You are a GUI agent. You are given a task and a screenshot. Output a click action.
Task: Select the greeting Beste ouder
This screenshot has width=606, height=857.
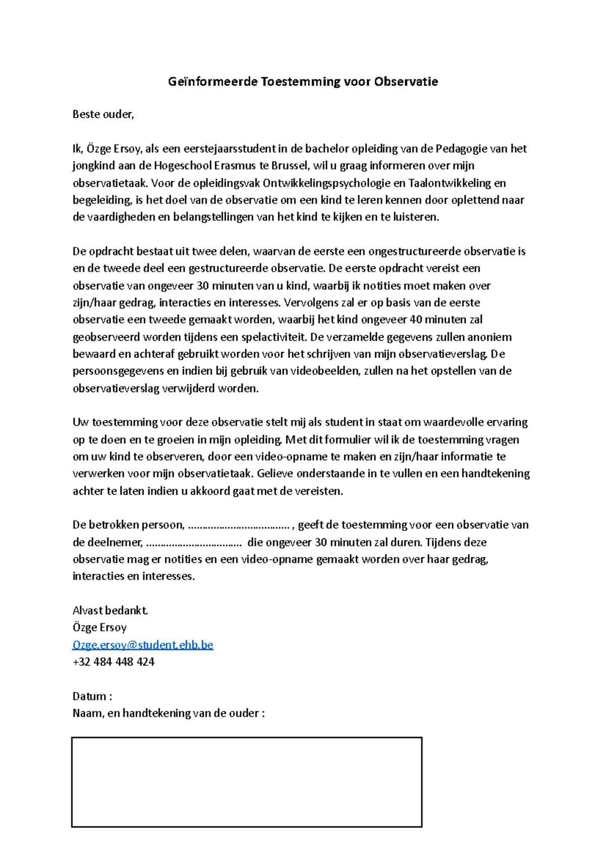103,115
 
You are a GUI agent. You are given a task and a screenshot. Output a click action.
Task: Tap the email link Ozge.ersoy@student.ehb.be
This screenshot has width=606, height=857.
143,645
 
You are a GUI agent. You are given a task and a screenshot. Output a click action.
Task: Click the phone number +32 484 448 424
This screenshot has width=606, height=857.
114,662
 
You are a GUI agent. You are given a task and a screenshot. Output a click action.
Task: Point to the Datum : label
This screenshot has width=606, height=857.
92,697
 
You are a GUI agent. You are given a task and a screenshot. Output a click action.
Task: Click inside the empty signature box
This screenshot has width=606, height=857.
246,782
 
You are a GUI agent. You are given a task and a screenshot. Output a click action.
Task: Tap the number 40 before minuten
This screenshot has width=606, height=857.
416,320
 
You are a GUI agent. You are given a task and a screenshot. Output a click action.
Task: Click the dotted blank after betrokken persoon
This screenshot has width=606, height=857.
238,525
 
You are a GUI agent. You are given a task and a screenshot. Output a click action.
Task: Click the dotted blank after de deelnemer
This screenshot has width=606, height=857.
193,543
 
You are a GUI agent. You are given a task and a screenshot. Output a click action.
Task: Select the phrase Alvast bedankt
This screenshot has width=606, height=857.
110,611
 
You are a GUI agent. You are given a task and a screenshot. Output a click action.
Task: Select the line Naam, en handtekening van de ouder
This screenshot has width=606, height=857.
168,714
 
